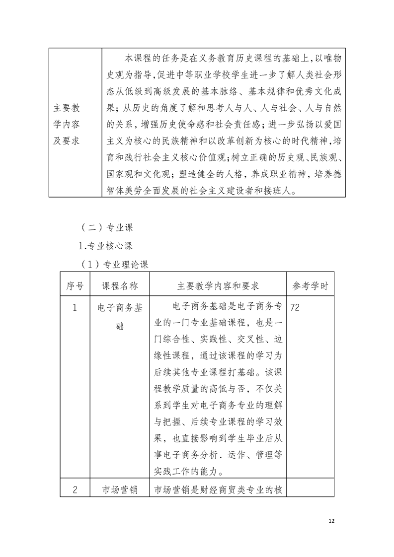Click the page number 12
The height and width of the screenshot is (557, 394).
click(332, 521)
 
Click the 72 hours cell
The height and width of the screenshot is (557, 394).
click(294, 308)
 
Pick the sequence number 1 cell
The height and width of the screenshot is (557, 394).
click(75, 308)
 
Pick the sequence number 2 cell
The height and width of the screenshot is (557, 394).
click(75, 489)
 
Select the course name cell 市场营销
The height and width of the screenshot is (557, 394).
click(120, 489)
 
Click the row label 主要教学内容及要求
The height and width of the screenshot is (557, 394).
click(70, 124)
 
